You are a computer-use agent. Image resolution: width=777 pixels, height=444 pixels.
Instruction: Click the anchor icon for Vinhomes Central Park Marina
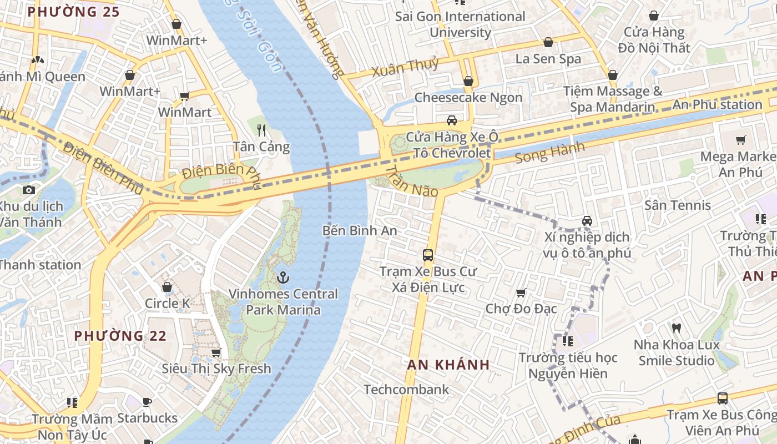284,276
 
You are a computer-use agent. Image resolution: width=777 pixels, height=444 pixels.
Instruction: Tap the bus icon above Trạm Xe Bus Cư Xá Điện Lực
428,255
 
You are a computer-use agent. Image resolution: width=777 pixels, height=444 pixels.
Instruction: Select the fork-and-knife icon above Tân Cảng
261,130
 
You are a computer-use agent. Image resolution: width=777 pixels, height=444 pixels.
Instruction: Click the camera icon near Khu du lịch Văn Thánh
29,190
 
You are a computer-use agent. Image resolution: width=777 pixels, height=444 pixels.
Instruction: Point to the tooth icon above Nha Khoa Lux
676,328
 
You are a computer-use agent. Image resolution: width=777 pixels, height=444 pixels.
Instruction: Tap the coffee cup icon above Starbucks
147,401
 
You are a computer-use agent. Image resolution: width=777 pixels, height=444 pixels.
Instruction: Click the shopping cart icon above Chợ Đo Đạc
521,292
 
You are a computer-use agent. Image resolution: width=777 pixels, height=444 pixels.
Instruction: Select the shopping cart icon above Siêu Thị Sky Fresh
216,352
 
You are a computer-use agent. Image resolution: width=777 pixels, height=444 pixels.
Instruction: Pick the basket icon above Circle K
167,287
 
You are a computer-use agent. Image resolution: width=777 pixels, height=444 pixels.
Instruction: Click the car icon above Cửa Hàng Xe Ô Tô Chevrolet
452,120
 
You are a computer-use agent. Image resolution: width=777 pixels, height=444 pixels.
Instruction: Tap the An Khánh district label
448,365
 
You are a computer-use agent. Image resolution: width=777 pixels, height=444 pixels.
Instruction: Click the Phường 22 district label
120,336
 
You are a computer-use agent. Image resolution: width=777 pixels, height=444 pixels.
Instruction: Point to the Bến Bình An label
360,230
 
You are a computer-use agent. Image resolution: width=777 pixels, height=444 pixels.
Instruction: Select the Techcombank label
406,390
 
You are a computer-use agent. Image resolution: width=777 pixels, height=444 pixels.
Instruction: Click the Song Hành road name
549,153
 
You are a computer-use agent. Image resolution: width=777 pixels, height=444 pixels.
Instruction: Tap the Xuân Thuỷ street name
405,68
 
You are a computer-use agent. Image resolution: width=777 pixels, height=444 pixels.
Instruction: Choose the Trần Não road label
411,181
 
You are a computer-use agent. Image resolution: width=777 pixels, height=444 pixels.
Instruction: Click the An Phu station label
717,104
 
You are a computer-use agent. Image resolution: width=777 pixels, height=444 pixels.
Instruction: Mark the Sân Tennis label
677,205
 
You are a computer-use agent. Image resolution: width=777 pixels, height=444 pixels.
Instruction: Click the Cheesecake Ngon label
468,98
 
